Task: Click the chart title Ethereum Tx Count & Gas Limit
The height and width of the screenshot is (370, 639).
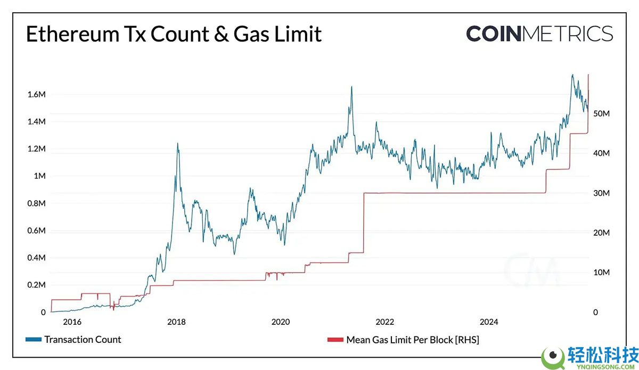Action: point(174,34)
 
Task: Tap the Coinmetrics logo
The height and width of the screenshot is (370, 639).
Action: point(539,34)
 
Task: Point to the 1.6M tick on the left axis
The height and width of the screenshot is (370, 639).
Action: point(36,95)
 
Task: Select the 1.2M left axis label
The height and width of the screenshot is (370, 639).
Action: point(36,149)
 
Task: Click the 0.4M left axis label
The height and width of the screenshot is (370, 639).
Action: point(36,258)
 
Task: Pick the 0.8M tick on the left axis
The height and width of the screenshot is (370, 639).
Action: point(36,203)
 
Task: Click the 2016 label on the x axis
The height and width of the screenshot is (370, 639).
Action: point(72,322)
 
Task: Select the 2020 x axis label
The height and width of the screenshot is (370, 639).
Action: point(281,322)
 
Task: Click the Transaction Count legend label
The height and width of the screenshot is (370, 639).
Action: point(83,340)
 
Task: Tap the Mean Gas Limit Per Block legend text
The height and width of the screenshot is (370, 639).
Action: point(413,340)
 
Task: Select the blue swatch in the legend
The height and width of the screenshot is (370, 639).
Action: point(33,340)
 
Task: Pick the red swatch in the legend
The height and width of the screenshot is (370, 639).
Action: point(335,340)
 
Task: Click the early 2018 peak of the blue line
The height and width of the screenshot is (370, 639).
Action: point(177,143)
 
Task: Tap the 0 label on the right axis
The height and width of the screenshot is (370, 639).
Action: point(596,313)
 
